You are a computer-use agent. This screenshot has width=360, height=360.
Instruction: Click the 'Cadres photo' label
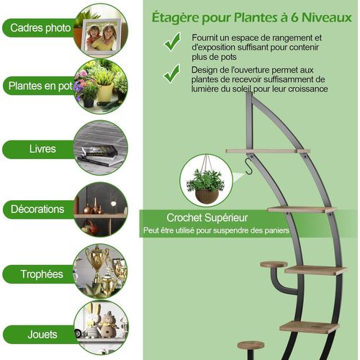(x=40, y=28)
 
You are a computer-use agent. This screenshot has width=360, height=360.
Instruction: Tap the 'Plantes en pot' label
(x=40, y=86)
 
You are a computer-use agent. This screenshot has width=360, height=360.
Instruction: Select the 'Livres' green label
(x=42, y=149)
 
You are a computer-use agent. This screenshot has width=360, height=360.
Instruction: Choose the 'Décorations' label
(x=37, y=209)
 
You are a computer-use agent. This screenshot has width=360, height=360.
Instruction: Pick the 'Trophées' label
(x=42, y=274)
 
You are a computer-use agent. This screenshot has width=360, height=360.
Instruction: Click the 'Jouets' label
(x=42, y=334)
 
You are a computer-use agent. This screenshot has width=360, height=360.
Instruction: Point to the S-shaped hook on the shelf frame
(x=248, y=166)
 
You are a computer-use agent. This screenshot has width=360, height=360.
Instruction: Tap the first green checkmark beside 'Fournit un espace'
(x=172, y=42)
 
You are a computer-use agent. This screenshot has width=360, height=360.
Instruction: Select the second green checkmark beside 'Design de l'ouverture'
(x=172, y=73)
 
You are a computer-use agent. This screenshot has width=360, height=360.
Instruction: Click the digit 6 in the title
(x=294, y=17)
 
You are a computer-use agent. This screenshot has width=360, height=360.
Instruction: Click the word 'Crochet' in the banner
(x=184, y=217)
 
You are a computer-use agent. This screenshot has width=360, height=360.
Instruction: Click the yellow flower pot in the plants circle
(x=105, y=91)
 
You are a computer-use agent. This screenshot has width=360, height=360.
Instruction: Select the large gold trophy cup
(x=96, y=261)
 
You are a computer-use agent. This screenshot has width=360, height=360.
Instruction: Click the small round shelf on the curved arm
(x=274, y=265)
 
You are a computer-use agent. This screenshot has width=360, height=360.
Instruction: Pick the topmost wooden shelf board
(x=268, y=151)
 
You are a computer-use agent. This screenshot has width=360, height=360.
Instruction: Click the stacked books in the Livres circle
(x=100, y=156)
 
